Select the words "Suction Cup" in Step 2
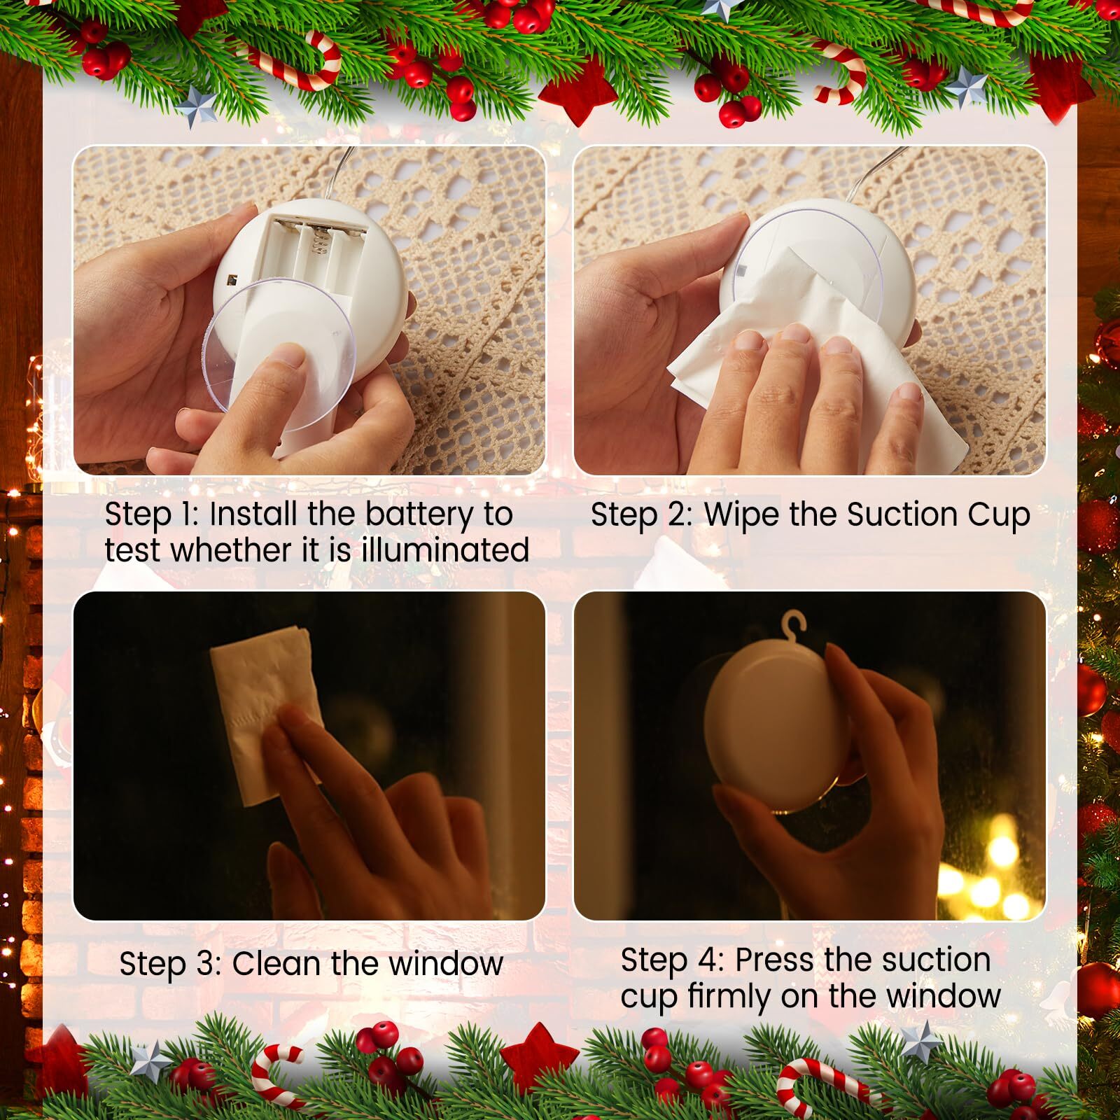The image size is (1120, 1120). (x=938, y=514)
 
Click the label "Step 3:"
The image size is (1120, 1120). (x=171, y=964)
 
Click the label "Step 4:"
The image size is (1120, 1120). (x=672, y=960)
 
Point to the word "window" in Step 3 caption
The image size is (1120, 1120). (x=446, y=964)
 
